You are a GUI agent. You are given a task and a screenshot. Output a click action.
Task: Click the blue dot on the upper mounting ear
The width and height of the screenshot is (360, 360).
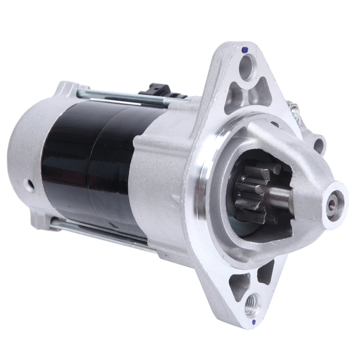(x=245, y=49)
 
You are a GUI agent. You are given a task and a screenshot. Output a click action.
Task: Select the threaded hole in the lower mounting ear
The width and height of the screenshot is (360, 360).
(x=252, y=303)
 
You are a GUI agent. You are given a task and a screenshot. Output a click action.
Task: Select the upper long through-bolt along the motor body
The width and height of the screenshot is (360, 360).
(x=130, y=98)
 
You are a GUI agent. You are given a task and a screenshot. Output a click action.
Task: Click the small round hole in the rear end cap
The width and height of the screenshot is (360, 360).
(x=31, y=183)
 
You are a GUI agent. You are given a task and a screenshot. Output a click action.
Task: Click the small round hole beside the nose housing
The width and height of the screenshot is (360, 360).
(x=318, y=143)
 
